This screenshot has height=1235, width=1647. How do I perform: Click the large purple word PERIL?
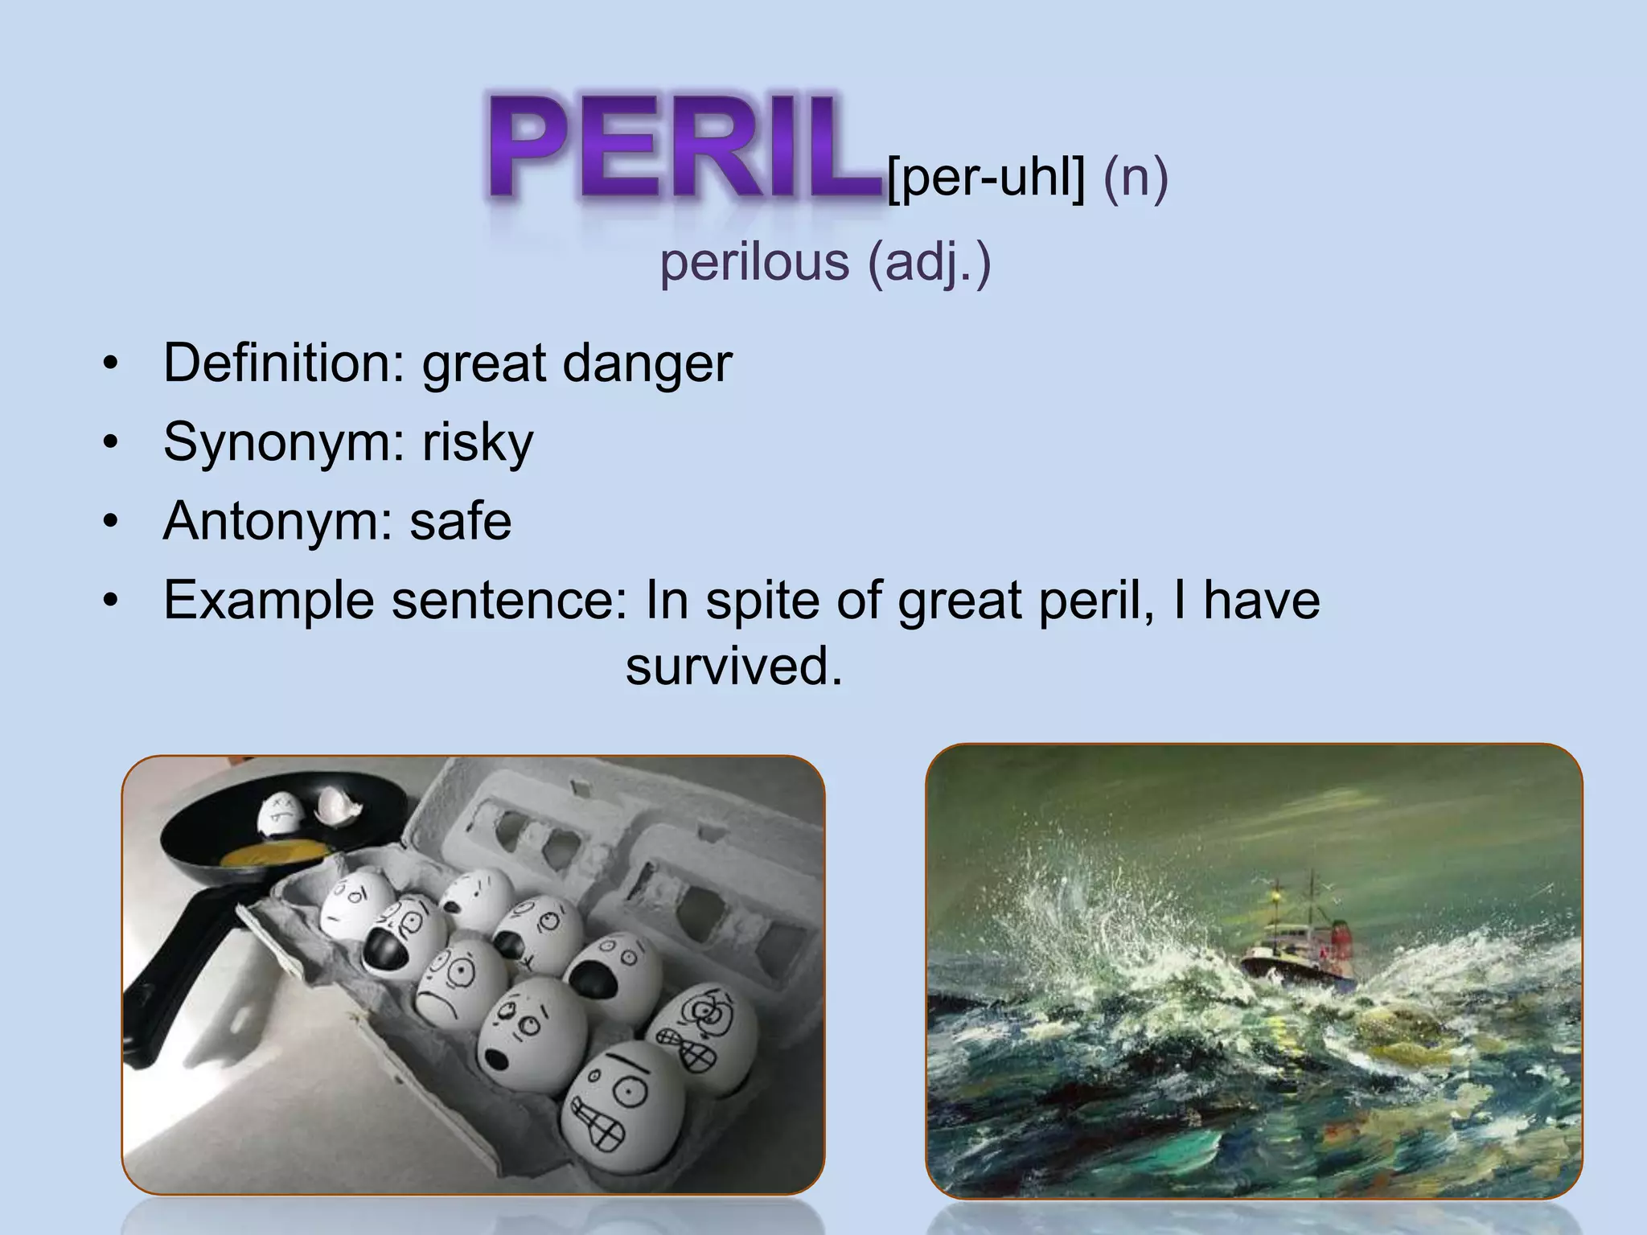coord(684,149)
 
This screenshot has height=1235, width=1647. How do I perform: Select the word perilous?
coord(754,262)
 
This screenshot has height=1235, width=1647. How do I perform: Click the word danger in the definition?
coord(647,363)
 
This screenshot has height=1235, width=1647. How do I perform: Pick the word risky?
coord(478,442)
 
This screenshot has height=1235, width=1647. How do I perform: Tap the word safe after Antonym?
coord(460,521)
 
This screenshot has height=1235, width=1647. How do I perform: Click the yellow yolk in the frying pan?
coord(273,852)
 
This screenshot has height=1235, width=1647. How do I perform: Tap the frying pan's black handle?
coord(173,989)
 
